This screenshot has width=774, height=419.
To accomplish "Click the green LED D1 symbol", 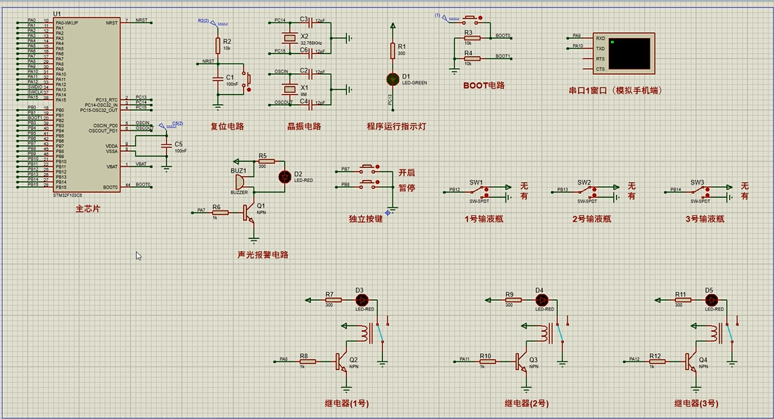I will click(393, 78).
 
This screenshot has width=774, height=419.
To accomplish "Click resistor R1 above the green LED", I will click(393, 51).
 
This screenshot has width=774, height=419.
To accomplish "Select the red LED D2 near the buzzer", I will click(284, 176).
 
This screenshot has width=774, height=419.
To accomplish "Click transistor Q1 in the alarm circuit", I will click(250, 212).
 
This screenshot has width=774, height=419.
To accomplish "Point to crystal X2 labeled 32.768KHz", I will click(285, 37).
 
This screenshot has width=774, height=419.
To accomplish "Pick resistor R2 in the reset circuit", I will click(218, 44).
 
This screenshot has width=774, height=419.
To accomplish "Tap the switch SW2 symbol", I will click(585, 192).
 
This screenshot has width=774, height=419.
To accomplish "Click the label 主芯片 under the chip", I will click(87, 209).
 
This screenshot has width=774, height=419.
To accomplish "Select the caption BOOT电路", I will click(484, 85).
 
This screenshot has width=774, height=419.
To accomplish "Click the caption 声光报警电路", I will click(262, 255).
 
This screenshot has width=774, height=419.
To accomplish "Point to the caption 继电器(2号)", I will click(526, 403).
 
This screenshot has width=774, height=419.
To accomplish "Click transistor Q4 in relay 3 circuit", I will click(692, 361).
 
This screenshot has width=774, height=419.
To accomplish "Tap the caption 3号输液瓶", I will click(704, 220).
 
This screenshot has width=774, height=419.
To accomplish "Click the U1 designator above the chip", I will click(58, 15).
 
